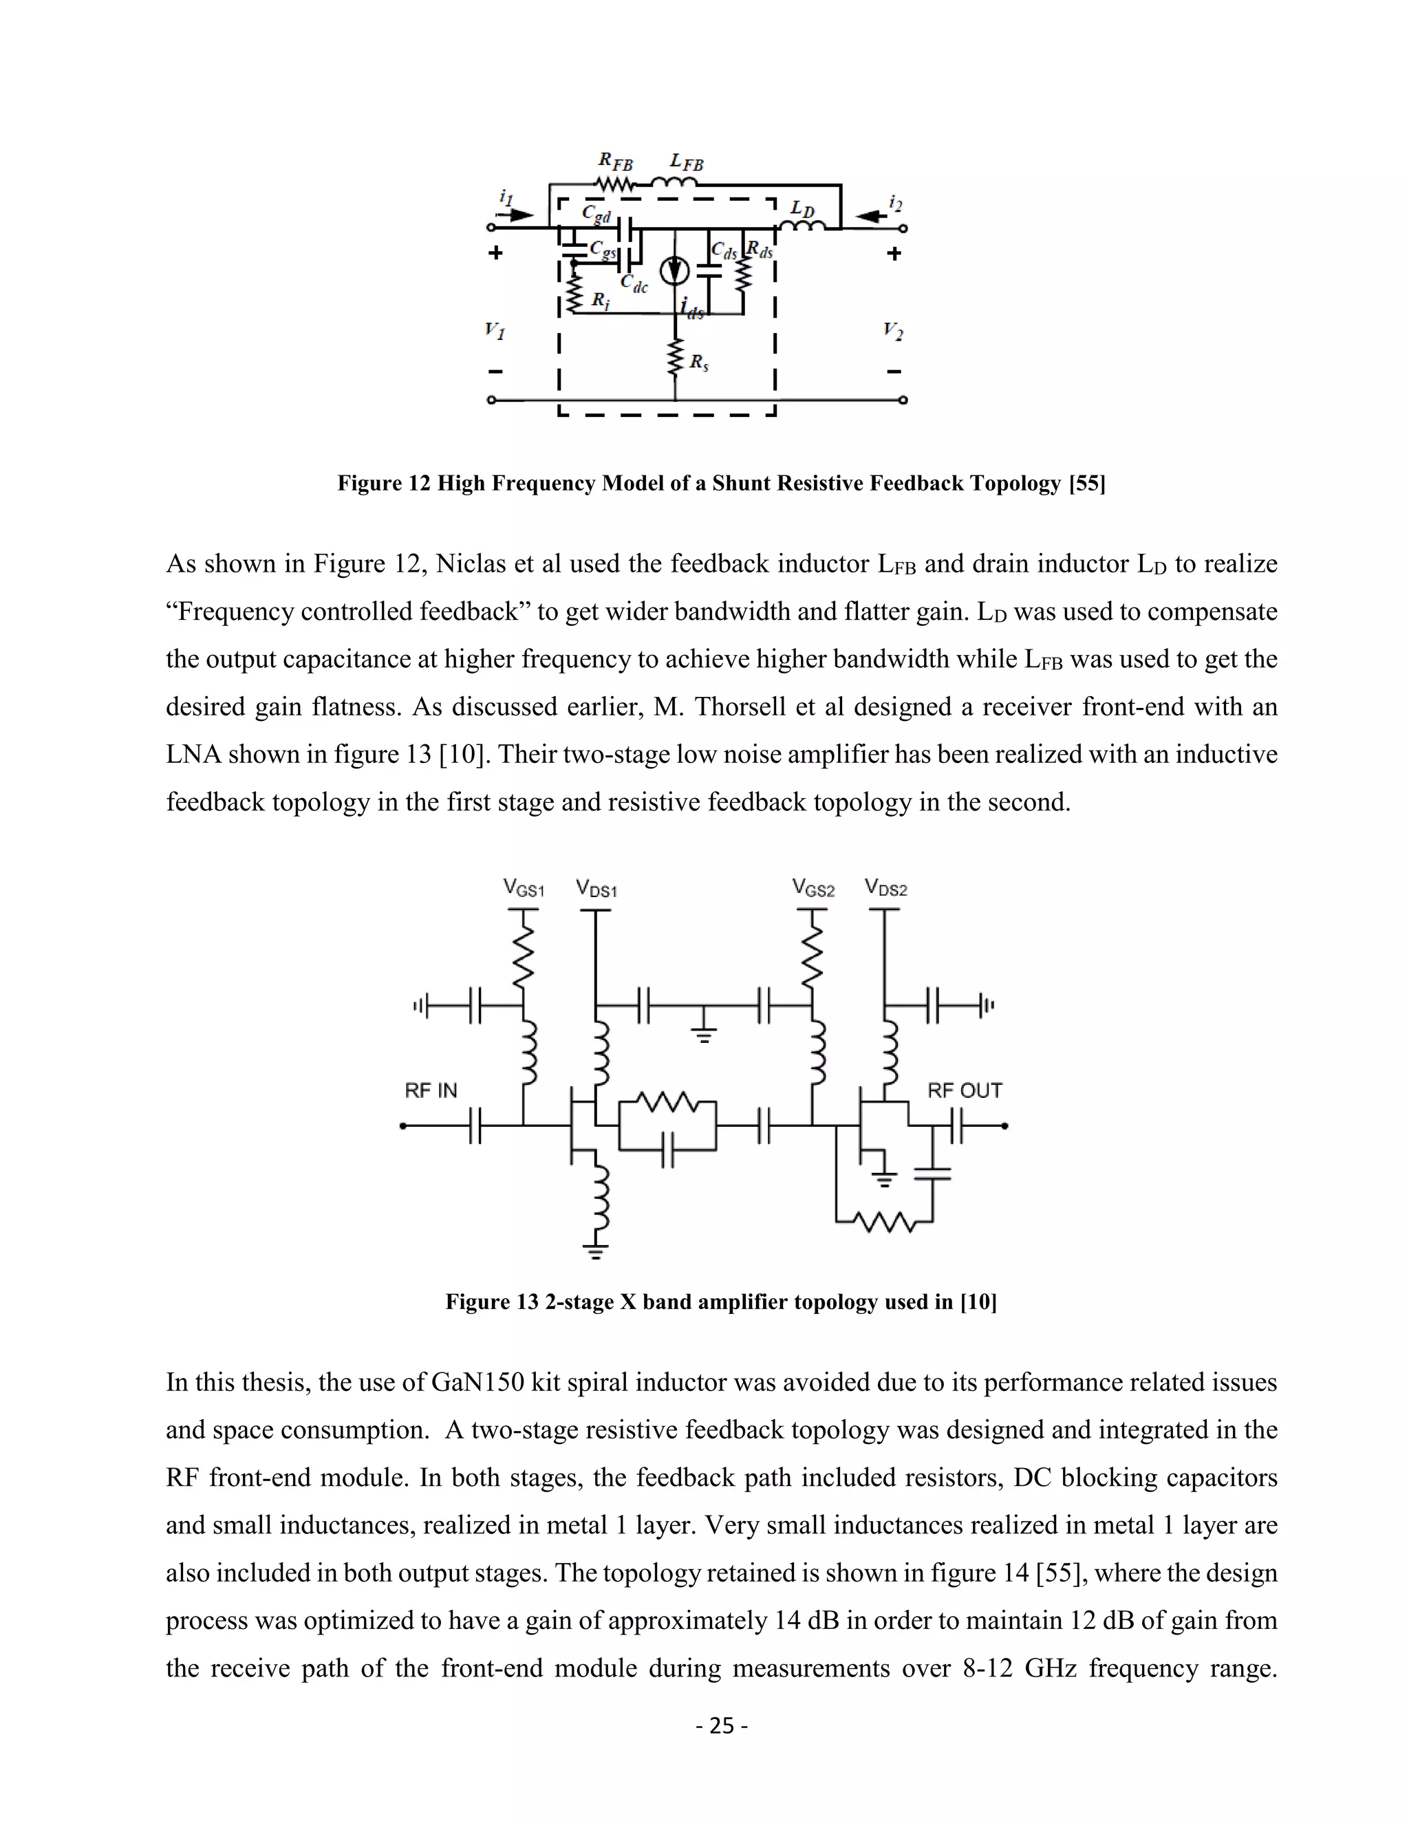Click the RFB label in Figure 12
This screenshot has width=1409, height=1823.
615,161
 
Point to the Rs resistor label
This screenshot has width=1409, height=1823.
699,363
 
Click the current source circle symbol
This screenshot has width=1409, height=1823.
674,270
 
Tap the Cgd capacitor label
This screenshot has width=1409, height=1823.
596,215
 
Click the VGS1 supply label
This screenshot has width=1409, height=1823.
524,888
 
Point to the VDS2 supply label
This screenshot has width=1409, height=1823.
885,888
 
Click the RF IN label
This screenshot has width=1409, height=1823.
431,1091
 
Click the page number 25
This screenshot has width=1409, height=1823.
721,1725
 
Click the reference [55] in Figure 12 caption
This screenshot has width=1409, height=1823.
1087,484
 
